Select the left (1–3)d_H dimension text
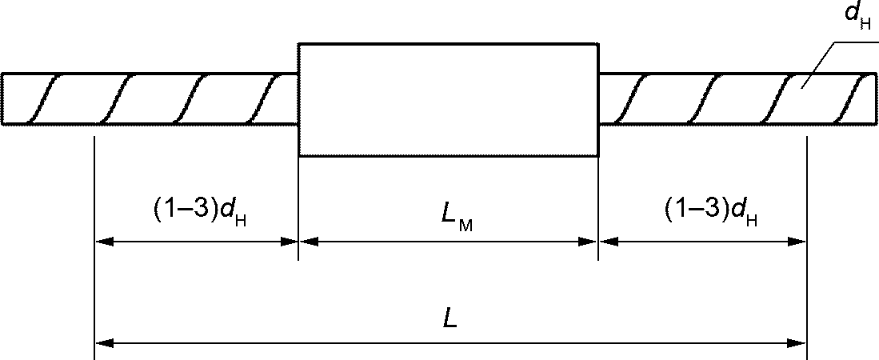tap(200, 210)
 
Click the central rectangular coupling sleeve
tap(448, 99)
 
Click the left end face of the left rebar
tap(2, 99)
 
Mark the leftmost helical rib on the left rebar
tap(44, 99)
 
